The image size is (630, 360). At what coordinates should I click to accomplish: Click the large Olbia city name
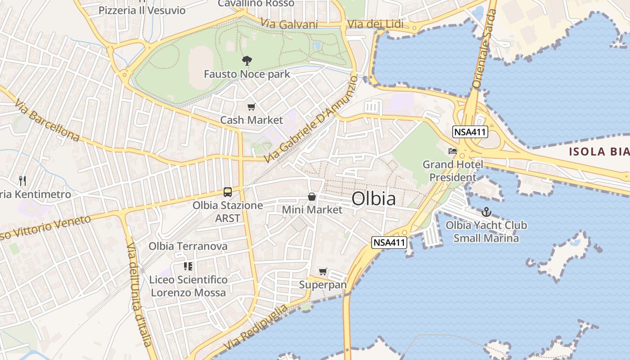373,198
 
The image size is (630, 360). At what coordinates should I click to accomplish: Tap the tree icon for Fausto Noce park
247,60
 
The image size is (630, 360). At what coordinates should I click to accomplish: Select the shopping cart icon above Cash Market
252,107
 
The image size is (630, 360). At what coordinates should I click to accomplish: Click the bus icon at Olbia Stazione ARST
228,192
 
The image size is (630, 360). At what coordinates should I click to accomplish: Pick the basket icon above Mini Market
311,197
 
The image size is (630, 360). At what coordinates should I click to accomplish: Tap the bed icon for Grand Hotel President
452,151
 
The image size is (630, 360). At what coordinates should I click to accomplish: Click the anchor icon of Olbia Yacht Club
486,211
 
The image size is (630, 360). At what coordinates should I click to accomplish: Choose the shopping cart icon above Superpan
323,271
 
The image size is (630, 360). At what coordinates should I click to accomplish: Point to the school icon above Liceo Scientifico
188,266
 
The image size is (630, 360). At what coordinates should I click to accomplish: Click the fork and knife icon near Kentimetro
22,181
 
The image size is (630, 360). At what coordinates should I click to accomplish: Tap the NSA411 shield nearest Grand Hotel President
470,132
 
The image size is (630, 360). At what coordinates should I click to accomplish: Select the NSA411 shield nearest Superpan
390,243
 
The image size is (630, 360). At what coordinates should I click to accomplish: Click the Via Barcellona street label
47,121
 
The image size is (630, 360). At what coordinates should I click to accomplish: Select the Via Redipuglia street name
256,328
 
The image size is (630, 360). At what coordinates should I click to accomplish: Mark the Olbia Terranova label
188,246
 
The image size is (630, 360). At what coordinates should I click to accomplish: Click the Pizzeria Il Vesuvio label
142,10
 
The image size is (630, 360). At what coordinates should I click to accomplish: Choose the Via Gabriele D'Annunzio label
311,119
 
